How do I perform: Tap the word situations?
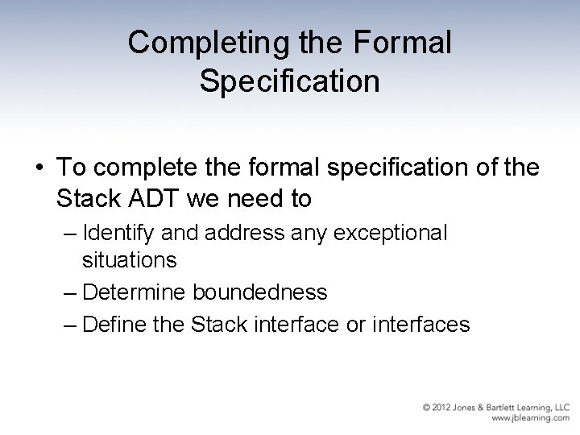(x=129, y=260)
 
